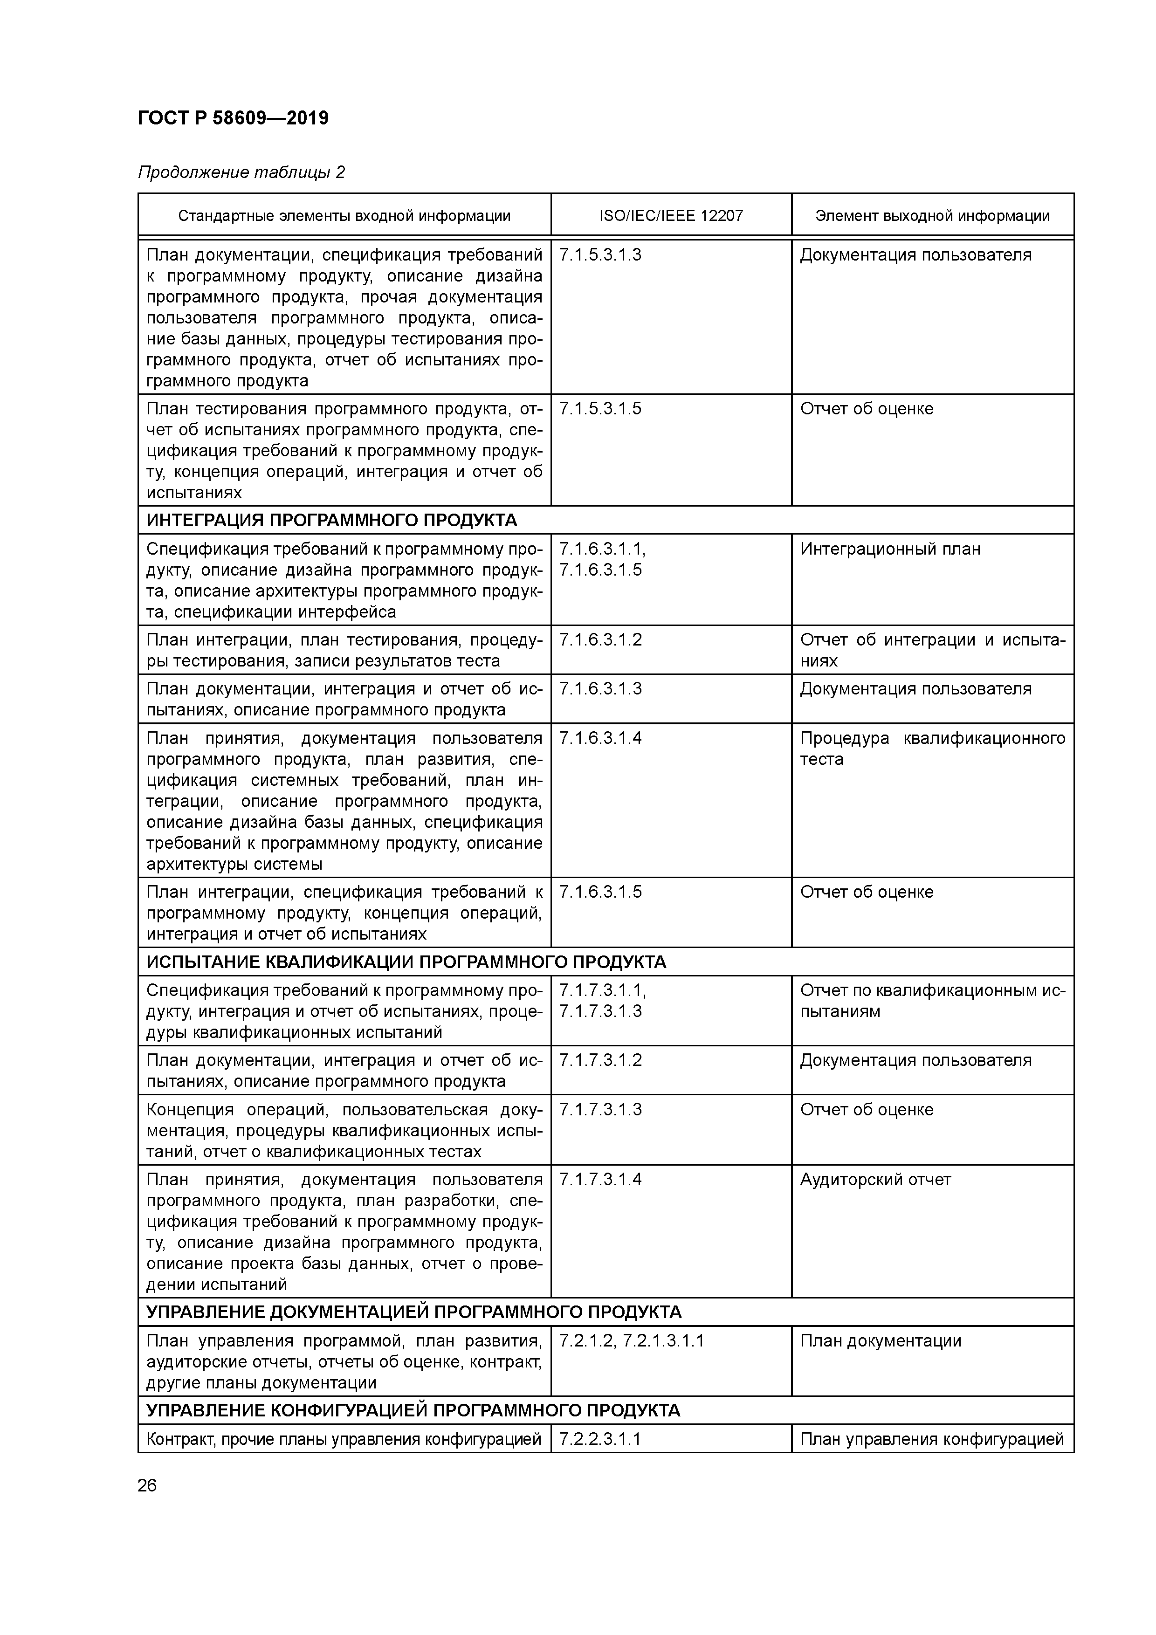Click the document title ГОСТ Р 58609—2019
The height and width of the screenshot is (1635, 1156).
coord(233,118)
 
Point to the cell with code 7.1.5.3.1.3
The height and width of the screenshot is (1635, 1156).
coord(600,255)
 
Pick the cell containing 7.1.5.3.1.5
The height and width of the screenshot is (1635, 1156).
coord(600,409)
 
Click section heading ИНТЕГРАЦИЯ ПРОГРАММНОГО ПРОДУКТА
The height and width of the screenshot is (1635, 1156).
coord(331,521)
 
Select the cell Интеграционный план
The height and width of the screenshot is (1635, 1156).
coord(890,549)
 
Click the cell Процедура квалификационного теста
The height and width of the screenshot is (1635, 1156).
coord(932,749)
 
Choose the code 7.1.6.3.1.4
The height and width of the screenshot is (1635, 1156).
coord(600,738)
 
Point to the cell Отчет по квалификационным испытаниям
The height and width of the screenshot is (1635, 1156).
coord(932,1001)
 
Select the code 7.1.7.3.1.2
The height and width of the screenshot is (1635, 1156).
coord(600,1060)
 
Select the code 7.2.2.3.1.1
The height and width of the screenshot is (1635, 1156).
coord(600,1439)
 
